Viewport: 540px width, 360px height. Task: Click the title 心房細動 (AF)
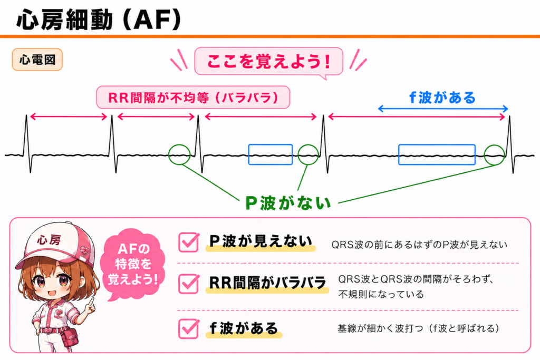99,20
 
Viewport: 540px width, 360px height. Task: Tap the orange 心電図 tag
37,60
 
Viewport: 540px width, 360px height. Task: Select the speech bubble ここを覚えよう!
268,61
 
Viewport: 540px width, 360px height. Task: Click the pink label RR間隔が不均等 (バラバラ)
193,98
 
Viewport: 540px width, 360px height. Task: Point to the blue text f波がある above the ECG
442,98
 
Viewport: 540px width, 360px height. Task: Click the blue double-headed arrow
443,109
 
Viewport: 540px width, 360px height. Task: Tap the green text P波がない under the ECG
288,203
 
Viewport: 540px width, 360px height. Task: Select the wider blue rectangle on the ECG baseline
437,154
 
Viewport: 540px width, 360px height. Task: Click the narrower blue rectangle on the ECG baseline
271,154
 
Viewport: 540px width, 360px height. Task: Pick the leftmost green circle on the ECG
179,145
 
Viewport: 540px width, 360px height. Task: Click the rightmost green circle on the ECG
495,145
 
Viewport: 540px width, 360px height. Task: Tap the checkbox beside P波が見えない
189,242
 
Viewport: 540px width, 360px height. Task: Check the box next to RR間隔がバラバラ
189,284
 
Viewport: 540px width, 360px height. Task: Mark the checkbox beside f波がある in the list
189,329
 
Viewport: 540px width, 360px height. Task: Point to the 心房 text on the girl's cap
49,239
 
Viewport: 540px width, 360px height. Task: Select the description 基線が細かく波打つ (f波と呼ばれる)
418,328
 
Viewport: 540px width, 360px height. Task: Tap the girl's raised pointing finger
92,301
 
